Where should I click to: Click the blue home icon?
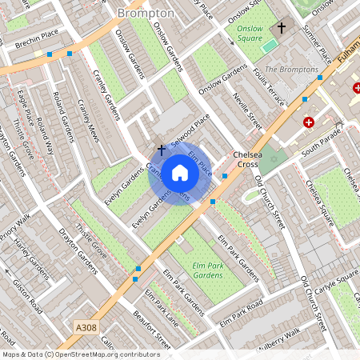point(180,173)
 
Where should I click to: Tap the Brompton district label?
point(145,14)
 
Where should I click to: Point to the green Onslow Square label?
point(250,33)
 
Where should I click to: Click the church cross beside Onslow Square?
point(280,28)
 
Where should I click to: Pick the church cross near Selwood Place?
point(162,149)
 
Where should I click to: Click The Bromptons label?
point(291,70)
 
